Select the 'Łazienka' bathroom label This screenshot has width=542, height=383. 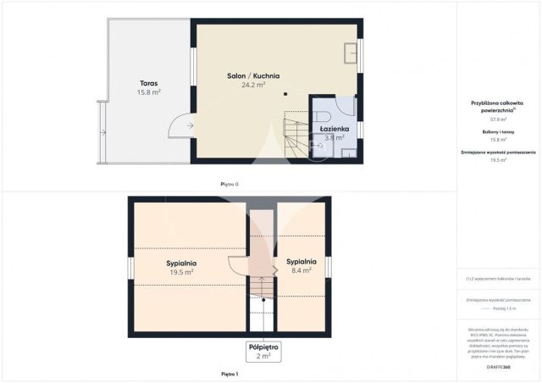coord(332,129)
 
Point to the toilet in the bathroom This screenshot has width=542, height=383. coord(321,116)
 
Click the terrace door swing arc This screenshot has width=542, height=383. coord(180,127)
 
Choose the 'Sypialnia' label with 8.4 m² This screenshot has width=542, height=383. coord(301,262)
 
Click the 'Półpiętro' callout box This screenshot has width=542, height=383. coord(263,351)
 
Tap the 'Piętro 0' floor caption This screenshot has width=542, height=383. coord(229,183)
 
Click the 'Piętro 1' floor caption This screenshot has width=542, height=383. coord(229,374)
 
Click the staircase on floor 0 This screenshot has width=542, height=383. coord(296,136)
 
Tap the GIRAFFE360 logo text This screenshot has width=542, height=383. coord(499,367)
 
